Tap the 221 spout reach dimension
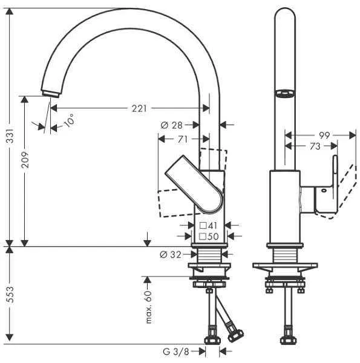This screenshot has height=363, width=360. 140,108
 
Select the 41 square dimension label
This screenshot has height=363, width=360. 209,226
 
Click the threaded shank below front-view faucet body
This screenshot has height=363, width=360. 209,255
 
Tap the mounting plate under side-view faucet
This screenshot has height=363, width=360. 284,266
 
